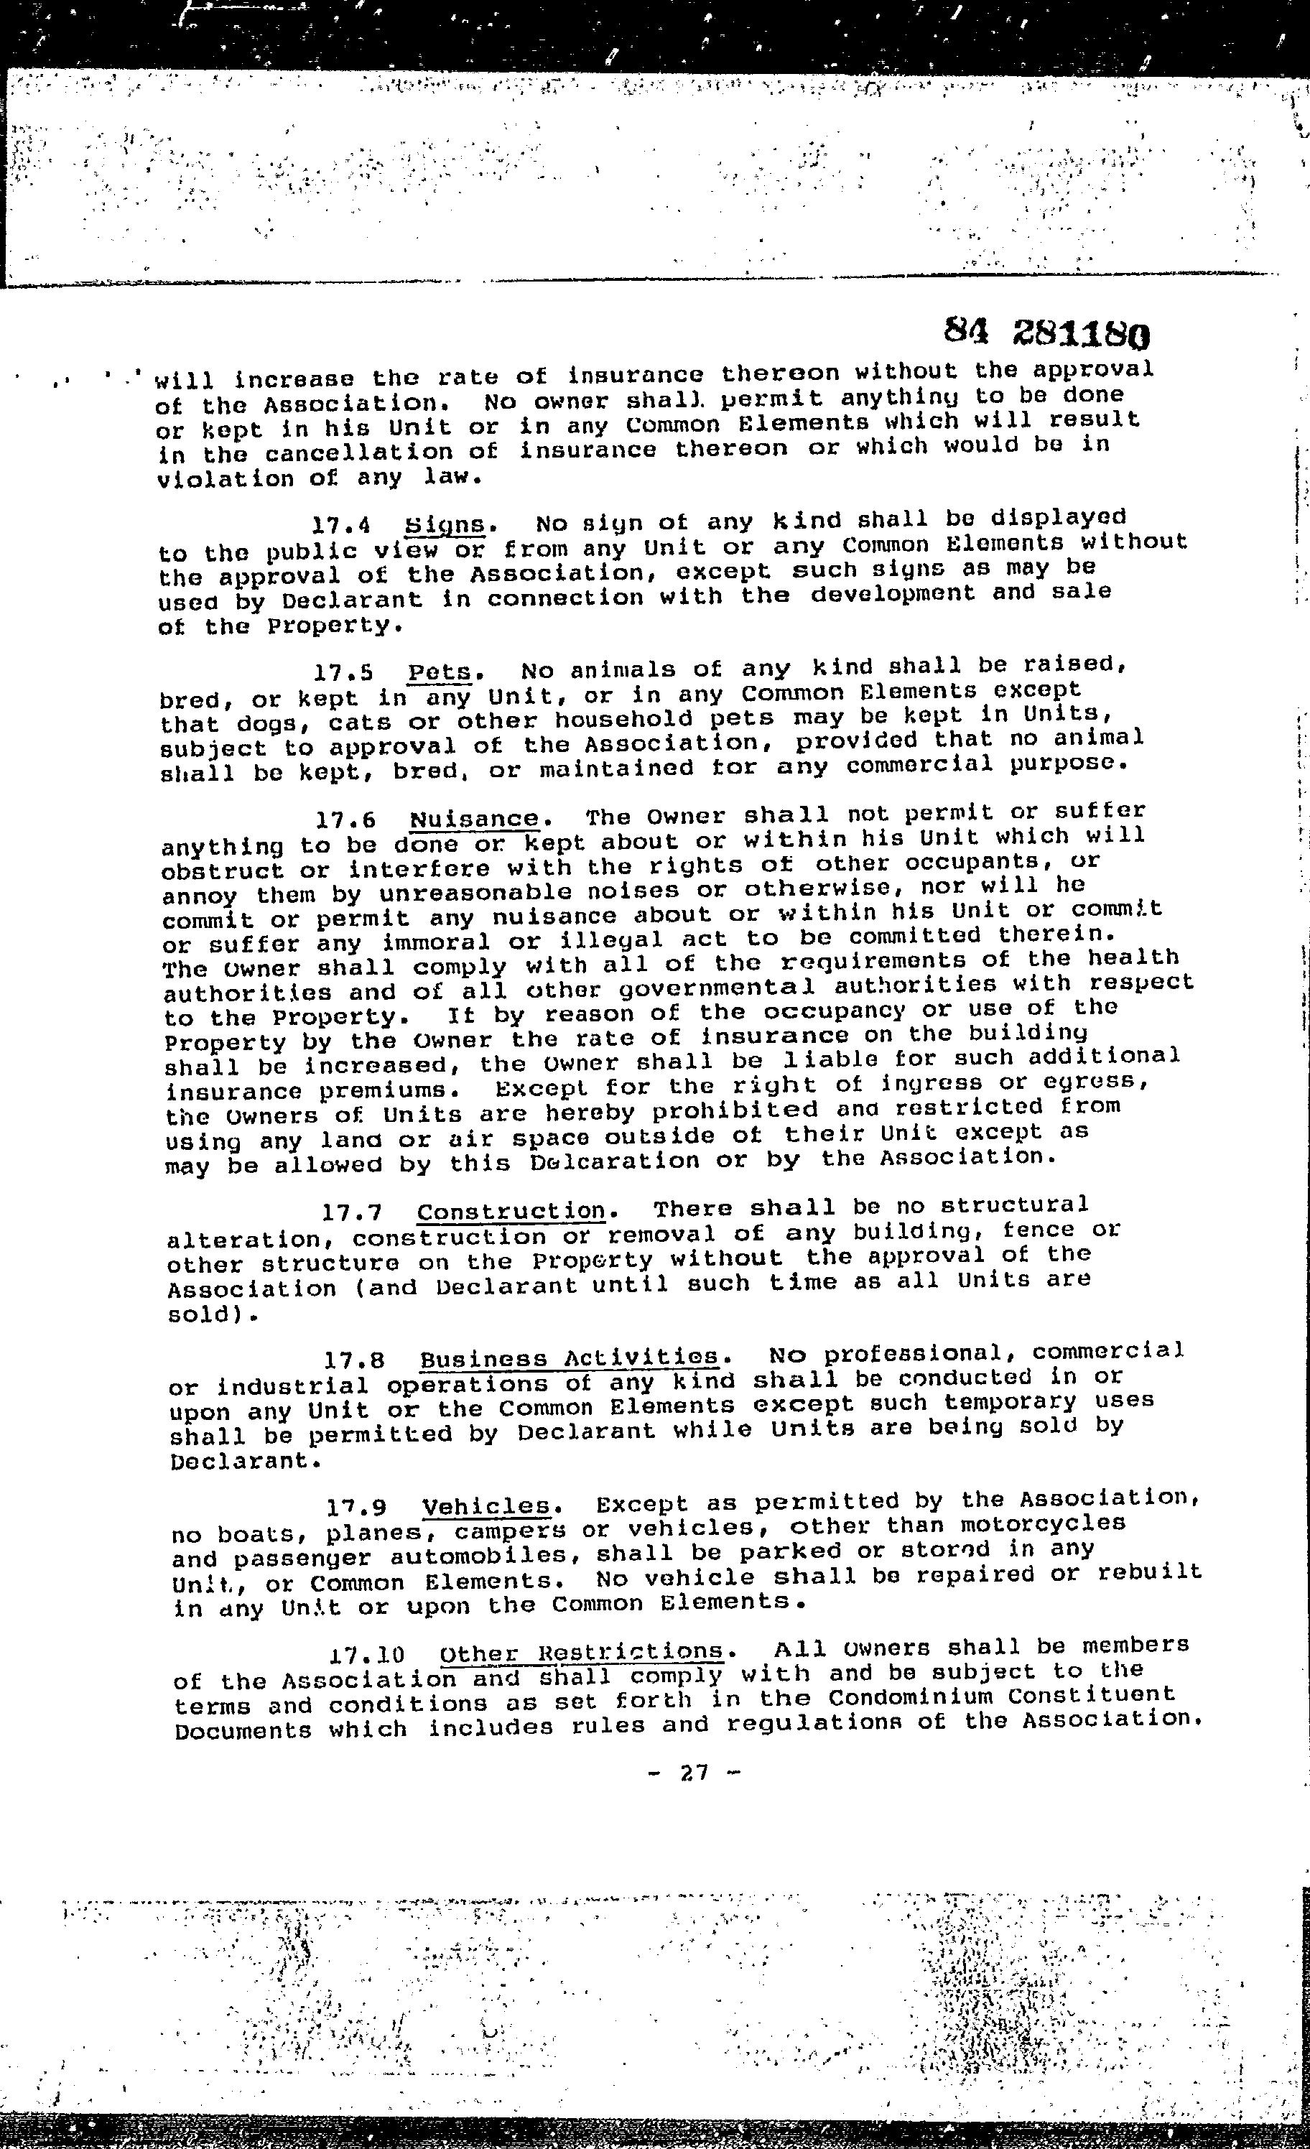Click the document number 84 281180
(x=1046, y=333)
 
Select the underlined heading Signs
(x=445, y=525)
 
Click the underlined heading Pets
(x=440, y=672)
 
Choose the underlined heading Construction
(x=511, y=1212)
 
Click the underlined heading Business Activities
(x=570, y=1359)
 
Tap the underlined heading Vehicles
(x=487, y=1506)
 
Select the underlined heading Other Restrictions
(x=582, y=1653)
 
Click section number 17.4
(x=342, y=526)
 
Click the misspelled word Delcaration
(x=613, y=1161)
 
